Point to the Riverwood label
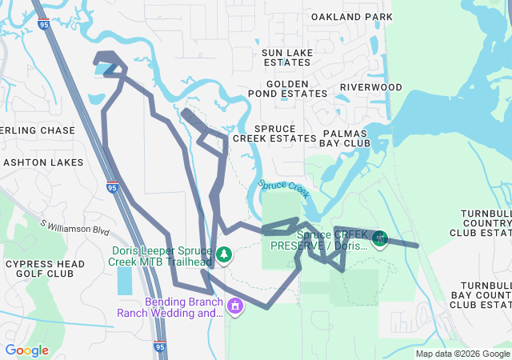click(x=370, y=86)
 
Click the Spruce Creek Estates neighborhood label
click(x=285, y=133)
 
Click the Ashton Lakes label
click(x=43, y=162)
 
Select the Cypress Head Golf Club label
click(x=40, y=268)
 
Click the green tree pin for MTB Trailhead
click(x=225, y=254)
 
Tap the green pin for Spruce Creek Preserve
click(x=381, y=238)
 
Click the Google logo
click(x=26, y=350)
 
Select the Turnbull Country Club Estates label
click(x=481, y=223)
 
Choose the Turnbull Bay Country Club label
click(x=485, y=295)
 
